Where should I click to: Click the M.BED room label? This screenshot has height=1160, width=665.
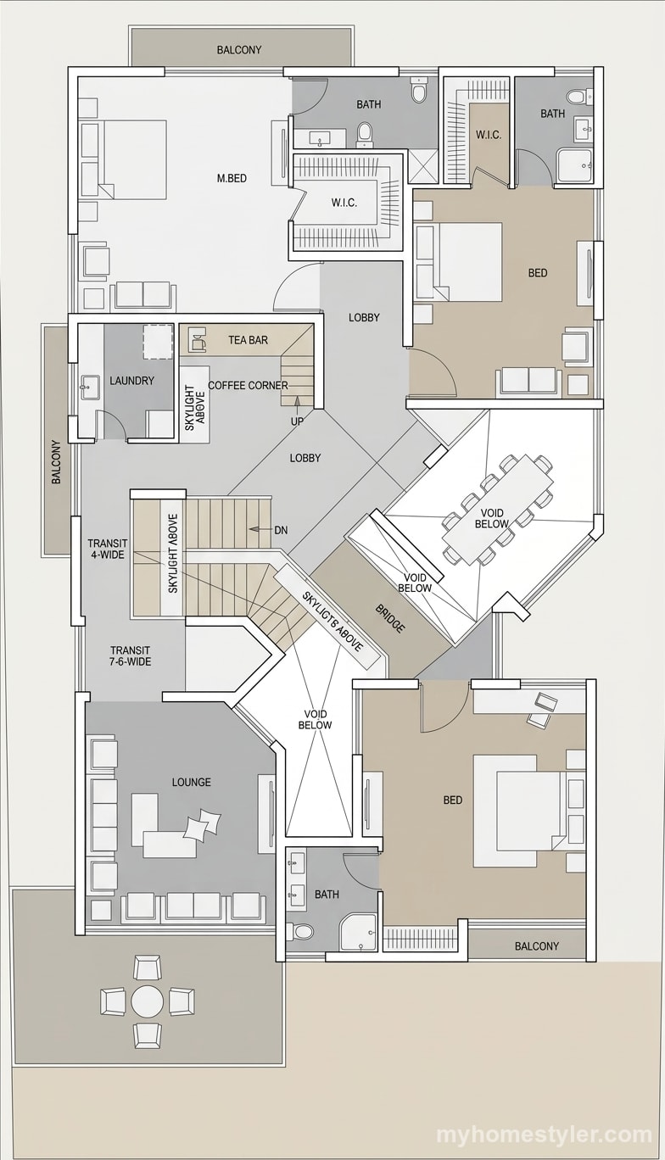[232, 179]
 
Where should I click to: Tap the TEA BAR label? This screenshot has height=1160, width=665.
[248, 340]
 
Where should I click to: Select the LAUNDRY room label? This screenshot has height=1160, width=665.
[131, 381]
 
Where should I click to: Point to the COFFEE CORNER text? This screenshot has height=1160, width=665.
[248, 385]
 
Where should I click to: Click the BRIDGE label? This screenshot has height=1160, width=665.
[389, 617]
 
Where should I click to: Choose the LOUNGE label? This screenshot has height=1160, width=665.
[192, 782]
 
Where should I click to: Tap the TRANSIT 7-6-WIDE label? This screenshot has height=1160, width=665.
[130, 655]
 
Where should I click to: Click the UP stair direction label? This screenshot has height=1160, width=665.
[297, 421]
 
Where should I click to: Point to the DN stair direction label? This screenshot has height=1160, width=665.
[282, 530]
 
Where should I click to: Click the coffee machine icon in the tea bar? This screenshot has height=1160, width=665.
[196, 339]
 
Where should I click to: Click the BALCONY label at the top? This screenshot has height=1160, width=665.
[239, 50]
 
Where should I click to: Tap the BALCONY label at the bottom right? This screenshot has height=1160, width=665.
[537, 946]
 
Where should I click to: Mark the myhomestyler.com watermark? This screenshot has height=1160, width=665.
[544, 1135]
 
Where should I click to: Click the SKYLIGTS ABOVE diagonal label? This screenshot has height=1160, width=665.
[332, 621]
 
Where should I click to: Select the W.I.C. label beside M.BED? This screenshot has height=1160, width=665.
[344, 203]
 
